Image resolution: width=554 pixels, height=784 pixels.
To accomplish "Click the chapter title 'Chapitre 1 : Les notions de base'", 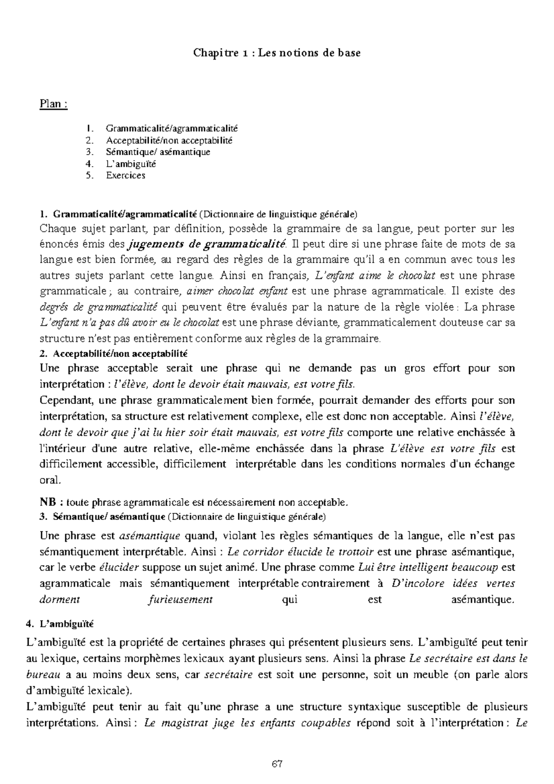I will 277,53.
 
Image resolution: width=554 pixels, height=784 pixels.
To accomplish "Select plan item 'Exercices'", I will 125,175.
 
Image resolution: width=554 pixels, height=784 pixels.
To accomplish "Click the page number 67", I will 277,764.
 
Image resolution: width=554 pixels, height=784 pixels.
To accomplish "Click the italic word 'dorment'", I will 60,600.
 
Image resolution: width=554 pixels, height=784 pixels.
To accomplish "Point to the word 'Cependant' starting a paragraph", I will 62,400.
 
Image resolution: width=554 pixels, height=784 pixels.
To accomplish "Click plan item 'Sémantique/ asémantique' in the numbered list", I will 158,152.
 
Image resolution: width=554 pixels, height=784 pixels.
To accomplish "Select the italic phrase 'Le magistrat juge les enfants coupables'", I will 247,723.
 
